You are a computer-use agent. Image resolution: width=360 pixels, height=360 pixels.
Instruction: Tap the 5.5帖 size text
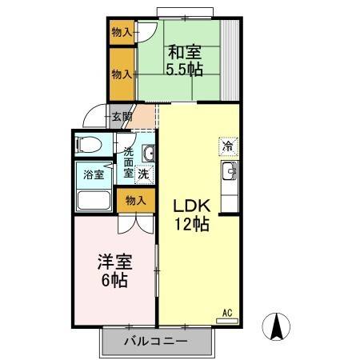pos(184,69)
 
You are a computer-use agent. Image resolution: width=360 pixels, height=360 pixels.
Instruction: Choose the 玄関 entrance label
pos(122,117)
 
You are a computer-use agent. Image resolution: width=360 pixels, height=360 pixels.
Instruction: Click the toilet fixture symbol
pos(87,145)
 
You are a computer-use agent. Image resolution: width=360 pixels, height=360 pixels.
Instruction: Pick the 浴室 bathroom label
pos(94,174)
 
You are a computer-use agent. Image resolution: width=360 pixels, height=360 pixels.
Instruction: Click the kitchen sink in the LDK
pos(228,170)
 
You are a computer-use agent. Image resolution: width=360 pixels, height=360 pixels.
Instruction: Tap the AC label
pos(226,312)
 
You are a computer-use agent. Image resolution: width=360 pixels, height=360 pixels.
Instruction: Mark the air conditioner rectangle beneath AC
pos(227,320)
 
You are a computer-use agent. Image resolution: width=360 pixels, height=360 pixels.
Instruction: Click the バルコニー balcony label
pos(155,342)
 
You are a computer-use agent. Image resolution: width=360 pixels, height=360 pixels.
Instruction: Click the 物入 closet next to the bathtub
pos(135,200)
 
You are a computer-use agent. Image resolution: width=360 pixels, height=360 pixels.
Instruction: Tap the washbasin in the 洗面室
pos(148,154)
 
